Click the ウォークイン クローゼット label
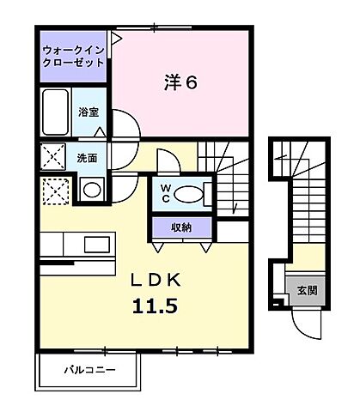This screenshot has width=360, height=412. coord(74,56)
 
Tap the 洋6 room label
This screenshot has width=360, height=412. coord(181,83)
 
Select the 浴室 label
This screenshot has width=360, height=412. coord(89,112)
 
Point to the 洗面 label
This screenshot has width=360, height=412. coord(87,158)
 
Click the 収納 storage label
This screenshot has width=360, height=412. coord(180,227)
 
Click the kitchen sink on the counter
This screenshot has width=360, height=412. coord(91,245)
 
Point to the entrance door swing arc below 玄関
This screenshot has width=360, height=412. coord(305,324)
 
